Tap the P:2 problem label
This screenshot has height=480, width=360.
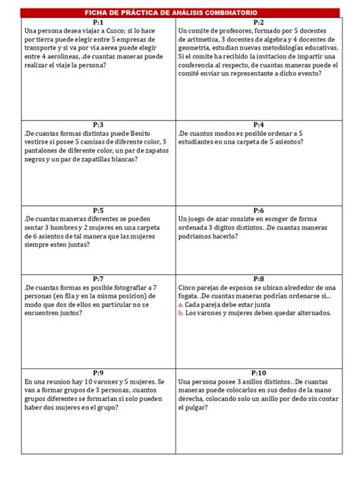(258, 23)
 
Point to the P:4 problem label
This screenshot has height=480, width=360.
(258, 124)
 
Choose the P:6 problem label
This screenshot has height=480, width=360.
(258, 210)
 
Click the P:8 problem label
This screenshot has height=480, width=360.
(258, 279)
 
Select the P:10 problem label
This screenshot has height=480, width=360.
(258, 373)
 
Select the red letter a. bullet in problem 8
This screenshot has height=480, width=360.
(181, 305)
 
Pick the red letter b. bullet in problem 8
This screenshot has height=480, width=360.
(181, 313)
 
